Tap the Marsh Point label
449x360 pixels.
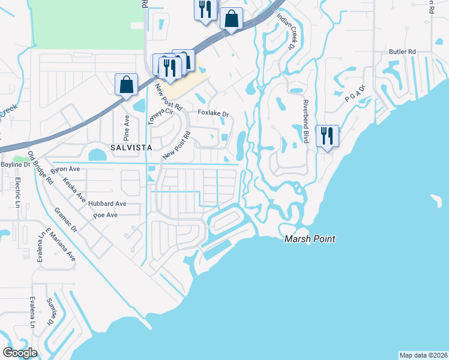click(x=309, y=239)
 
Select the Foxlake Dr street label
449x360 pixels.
click(x=214, y=113)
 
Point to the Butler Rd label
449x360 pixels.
click(x=403, y=52)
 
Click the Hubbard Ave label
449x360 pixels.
click(x=107, y=203)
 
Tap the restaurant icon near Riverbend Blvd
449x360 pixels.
click(x=327, y=136)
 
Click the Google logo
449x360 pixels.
click(x=20, y=353)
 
